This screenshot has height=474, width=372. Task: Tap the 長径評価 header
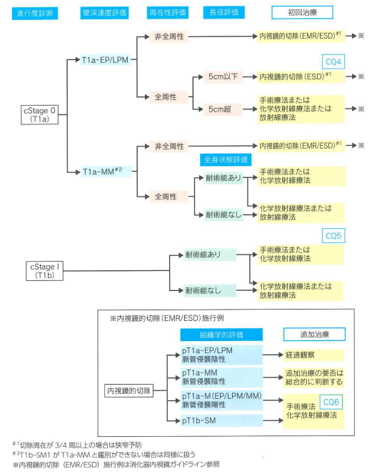click(x=222, y=13)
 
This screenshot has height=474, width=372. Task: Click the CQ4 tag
click(x=334, y=61)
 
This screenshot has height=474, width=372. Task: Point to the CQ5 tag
click(x=334, y=235)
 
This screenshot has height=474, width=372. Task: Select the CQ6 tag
click(x=330, y=403)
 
